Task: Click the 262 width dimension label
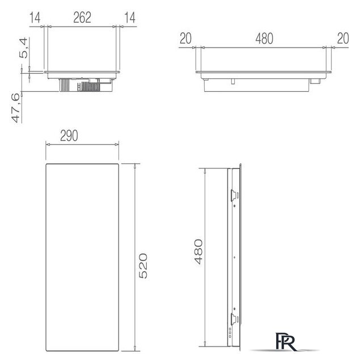[x=82, y=18]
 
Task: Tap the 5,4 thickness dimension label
[x=23, y=48]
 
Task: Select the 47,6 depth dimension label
[x=16, y=108]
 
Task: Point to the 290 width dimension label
[x=69, y=136]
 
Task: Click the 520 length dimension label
[x=143, y=266]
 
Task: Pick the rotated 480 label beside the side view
[x=198, y=252]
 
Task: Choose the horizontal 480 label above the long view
[x=264, y=39]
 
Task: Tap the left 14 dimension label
[x=35, y=18]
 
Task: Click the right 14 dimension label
[x=130, y=18]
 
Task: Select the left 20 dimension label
[x=185, y=39]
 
